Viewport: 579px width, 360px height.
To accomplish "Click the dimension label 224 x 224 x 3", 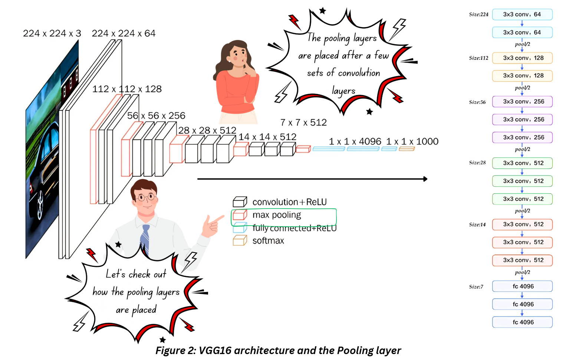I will tap(52, 33).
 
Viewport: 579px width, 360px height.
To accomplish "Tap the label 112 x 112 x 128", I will tap(127, 89).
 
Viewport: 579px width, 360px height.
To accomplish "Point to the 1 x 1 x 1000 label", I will tap(412, 141).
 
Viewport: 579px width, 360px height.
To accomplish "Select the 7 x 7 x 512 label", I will tap(303, 122).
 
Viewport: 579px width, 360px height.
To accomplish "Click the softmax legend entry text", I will tap(268, 241).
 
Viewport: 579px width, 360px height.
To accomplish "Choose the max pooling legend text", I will tap(277, 215).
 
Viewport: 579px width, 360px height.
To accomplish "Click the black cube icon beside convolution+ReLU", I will tap(240, 202).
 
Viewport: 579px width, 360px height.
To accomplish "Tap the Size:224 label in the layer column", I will tap(478, 14).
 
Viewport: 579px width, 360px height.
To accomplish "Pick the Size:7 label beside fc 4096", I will tap(476, 287).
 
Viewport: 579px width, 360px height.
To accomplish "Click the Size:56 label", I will tap(477, 102).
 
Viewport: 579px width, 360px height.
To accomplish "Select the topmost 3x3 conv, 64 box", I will tap(522, 14).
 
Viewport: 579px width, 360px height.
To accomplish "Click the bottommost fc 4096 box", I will tap(522, 322).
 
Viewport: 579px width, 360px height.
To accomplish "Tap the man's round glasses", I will tap(145, 197).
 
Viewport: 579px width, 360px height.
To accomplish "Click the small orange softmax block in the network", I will tap(407, 149).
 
